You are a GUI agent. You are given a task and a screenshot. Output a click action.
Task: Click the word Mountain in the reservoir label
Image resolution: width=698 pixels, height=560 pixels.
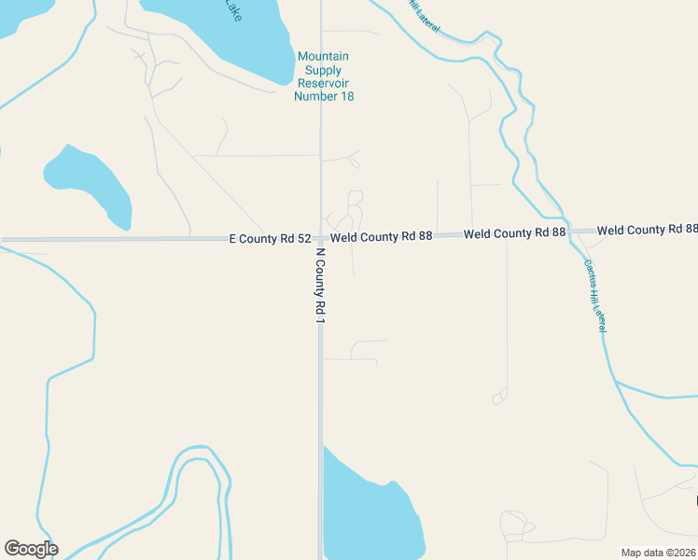[323, 57]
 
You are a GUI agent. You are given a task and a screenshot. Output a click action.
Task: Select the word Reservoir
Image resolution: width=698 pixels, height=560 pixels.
[323, 83]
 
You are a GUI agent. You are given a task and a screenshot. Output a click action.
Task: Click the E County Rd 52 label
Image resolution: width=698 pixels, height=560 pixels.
[270, 239]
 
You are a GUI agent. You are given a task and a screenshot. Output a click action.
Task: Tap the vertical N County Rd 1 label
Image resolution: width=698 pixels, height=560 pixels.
[320, 286]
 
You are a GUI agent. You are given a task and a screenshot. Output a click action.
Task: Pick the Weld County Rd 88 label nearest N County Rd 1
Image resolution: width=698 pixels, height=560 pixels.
[381, 237]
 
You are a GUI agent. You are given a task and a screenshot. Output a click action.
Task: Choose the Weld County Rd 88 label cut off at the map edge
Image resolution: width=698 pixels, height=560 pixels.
[648, 230]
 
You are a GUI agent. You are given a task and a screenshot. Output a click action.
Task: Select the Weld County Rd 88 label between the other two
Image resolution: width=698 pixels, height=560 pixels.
[514, 232]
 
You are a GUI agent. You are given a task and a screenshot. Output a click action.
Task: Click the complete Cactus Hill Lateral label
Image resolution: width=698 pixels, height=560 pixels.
[595, 294]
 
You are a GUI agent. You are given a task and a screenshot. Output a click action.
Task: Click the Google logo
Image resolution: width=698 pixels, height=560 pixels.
[31, 549]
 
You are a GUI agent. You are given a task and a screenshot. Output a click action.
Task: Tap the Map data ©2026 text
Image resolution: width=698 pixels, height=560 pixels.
[659, 553]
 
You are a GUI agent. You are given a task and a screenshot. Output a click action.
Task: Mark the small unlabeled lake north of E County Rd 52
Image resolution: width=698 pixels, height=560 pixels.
[89, 185]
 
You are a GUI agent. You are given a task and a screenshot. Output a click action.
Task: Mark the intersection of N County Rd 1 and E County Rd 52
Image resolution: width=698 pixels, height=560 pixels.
[320, 239]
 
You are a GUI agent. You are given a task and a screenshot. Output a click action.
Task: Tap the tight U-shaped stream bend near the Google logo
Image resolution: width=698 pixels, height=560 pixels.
[198, 457]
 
